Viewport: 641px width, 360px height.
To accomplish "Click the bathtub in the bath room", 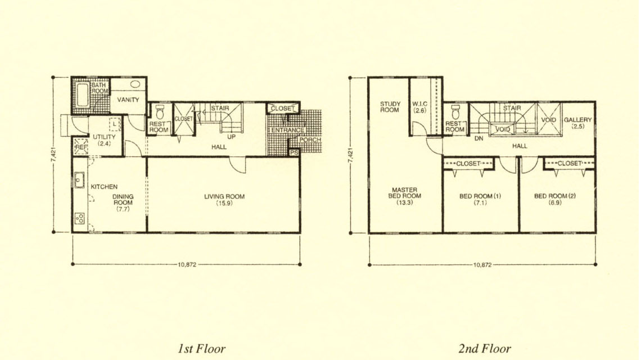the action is [x=83, y=95].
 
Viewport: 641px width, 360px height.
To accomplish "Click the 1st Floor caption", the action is [x=201, y=349].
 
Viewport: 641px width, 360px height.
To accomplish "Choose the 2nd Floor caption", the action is [x=485, y=349].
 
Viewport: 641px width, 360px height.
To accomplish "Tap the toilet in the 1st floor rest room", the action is [x=160, y=112].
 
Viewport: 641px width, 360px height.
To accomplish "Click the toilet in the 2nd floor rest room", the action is [x=455, y=111].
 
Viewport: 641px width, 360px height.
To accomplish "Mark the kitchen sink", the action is [x=79, y=180].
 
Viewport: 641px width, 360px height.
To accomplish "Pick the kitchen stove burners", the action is [x=80, y=218].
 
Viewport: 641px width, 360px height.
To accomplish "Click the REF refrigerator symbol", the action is [x=81, y=147].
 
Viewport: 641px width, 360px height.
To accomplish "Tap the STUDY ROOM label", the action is [x=390, y=107].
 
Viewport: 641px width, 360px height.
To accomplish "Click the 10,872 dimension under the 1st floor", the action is [x=187, y=265].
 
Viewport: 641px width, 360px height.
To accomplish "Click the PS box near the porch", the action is [x=294, y=152].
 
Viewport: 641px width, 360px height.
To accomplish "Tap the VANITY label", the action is [x=128, y=100].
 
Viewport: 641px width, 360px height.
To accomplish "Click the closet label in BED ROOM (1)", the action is [x=468, y=164].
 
